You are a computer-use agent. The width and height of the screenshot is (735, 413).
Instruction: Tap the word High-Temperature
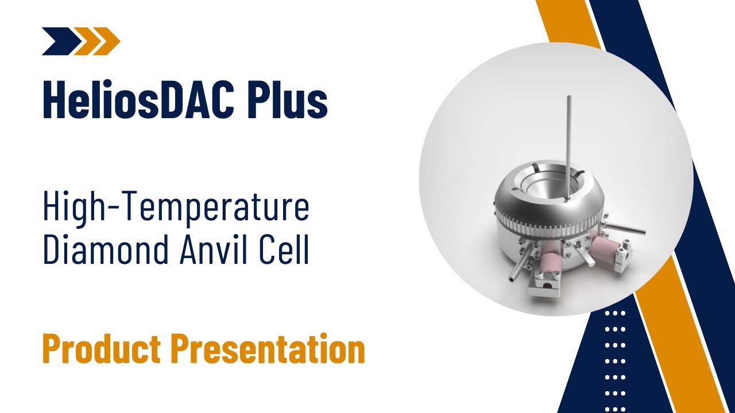point(176,208)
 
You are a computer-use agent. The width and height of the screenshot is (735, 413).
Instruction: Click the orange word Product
point(101,349)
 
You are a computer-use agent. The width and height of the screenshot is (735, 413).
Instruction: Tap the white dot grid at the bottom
point(615,356)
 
